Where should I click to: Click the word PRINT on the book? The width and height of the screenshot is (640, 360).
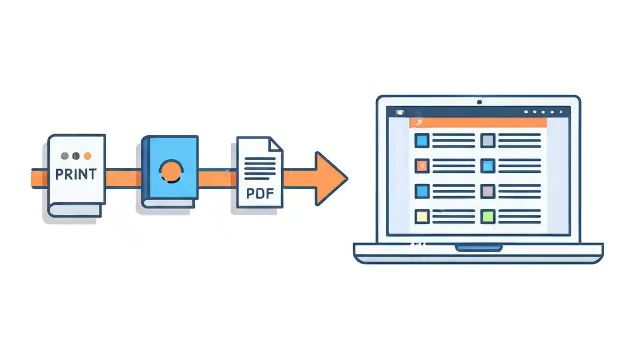(x=76, y=174)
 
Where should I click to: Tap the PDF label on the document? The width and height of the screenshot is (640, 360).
(x=260, y=192)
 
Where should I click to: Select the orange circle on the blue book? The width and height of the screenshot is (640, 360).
(x=171, y=171)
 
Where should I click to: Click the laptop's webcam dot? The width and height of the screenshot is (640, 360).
(x=479, y=102)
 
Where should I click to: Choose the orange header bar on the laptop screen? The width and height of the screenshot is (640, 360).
(x=477, y=122)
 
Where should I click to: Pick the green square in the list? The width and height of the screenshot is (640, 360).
(x=488, y=216)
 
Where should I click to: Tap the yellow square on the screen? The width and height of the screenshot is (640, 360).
(x=422, y=216)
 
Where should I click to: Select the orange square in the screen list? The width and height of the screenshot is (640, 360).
(x=422, y=166)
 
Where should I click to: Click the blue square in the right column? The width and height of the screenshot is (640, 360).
(x=488, y=166)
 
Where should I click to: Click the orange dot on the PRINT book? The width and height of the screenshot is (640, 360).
(x=88, y=156)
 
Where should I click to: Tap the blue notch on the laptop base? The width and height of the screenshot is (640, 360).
(x=478, y=247)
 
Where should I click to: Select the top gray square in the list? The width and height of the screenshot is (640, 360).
(x=488, y=140)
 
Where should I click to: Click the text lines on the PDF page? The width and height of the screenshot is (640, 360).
(x=260, y=167)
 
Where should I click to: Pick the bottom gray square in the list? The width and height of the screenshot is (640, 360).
(x=488, y=191)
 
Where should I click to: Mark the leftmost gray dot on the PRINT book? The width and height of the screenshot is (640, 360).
(x=65, y=156)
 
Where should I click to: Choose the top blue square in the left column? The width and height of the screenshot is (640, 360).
(x=422, y=140)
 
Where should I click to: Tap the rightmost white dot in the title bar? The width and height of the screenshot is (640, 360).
(x=561, y=112)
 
